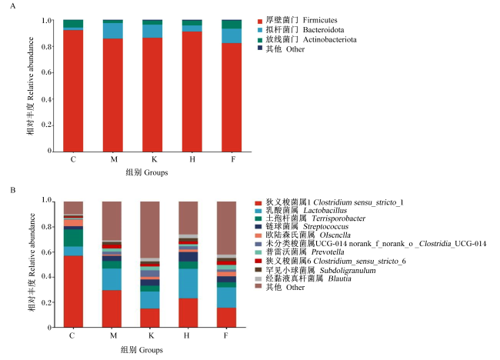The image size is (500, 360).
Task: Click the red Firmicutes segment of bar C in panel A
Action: click(x=73, y=91)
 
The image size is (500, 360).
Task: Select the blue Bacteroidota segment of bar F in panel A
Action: click(x=232, y=35)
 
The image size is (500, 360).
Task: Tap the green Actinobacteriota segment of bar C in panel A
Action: click(x=73, y=24)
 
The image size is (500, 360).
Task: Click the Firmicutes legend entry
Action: click(x=297, y=21)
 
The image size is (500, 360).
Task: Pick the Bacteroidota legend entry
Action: click(x=301, y=30)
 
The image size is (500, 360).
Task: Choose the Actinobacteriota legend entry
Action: click(x=307, y=39)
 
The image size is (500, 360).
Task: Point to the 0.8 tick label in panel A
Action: click(x=46, y=47)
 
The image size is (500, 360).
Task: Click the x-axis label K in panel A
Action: click(x=154, y=159)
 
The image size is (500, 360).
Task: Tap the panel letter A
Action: click(x=13, y=6)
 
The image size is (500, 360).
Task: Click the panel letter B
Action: click(x=13, y=190)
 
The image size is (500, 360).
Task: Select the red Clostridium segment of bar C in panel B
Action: click(x=73, y=292)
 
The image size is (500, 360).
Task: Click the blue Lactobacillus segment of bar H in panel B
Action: click(x=188, y=284)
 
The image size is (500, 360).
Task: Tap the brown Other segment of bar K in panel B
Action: click(x=150, y=229)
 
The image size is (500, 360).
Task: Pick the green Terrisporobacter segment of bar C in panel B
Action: click(x=73, y=238)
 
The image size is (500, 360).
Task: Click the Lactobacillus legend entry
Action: click(x=301, y=211)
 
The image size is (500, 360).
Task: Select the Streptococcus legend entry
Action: click(x=302, y=227)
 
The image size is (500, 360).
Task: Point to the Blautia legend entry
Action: click(x=303, y=278)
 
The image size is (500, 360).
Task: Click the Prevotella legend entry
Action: click(x=299, y=252)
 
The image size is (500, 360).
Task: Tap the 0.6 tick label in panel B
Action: click(x=47, y=252)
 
